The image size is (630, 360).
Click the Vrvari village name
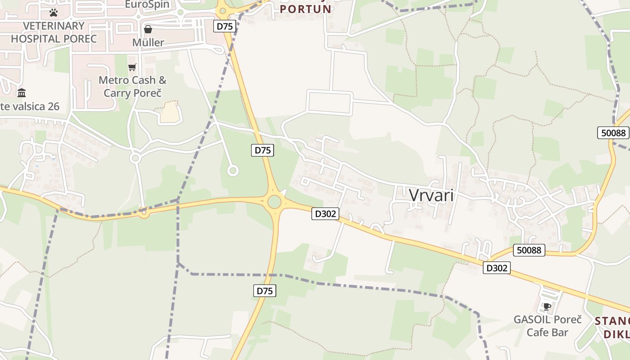click(431, 195)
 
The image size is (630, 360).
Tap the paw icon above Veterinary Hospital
click(54, 12)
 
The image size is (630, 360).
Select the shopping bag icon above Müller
click(148, 30)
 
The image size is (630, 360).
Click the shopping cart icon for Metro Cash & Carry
click(132, 67)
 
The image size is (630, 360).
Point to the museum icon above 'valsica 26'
click(22, 93)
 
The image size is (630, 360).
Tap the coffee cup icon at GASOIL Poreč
click(547, 307)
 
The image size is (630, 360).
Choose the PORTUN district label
click(306, 9)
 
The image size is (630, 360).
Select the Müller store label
click(148, 42)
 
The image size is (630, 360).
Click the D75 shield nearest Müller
click(225, 26)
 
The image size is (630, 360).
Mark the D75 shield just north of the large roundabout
click(262, 150)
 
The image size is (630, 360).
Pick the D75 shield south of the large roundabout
click(265, 291)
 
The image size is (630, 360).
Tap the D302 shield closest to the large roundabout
click(325, 214)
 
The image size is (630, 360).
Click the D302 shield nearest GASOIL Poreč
click(497, 268)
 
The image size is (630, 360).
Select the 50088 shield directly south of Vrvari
click(529, 250)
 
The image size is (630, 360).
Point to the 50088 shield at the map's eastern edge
click(613, 133)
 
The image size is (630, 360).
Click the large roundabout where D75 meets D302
click(274, 202)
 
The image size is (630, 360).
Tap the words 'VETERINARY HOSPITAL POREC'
click(54, 32)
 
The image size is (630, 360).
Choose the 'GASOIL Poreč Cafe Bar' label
click(548, 326)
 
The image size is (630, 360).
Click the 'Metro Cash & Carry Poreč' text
click(132, 86)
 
